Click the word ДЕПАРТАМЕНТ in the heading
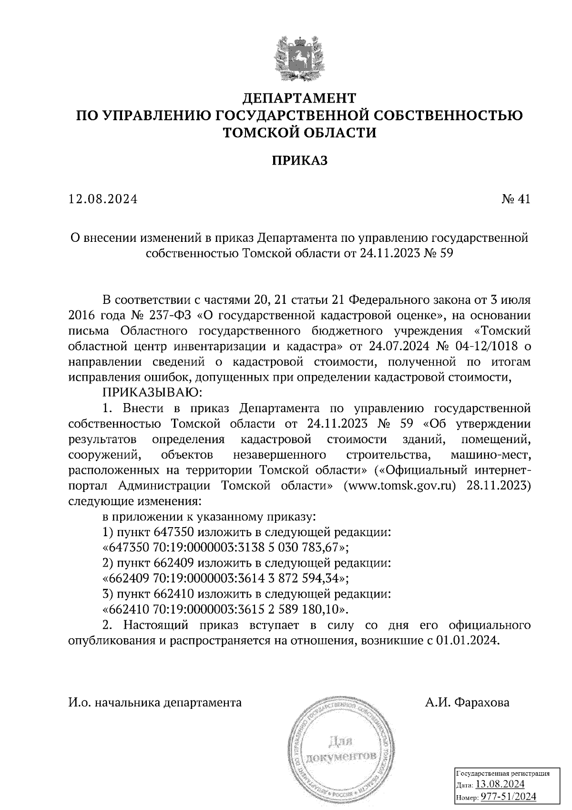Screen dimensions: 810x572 pos(299,98)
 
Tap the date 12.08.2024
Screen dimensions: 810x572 pos(103,199)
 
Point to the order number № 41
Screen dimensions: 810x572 pos(516,199)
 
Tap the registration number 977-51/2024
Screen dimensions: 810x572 pos(508,796)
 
